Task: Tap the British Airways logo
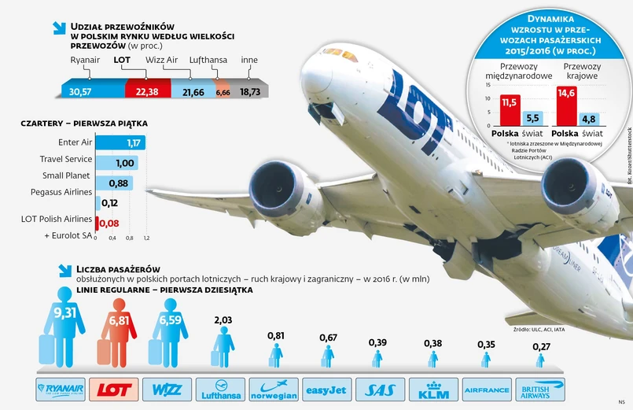tap(539, 389)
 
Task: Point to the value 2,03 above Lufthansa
tap(223, 320)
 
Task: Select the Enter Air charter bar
tap(118, 142)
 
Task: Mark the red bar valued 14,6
tap(565, 106)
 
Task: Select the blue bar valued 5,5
tap(531, 119)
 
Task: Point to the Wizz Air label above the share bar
tap(183, 59)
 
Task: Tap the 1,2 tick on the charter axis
tap(146, 238)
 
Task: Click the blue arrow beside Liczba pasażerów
tap(64, 269)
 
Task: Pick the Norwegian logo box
tap(274, 389)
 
